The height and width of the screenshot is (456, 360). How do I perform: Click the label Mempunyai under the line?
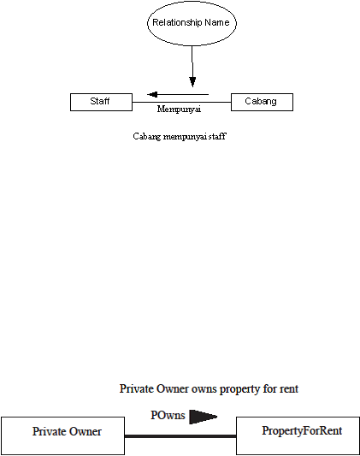coord(179,109)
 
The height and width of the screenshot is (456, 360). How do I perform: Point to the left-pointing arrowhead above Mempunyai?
coord(152,94)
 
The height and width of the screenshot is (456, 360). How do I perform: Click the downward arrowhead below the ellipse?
coord(192,82)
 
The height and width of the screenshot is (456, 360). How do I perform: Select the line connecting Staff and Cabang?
coord(181,102)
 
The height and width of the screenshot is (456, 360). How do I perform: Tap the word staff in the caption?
coord(217,136)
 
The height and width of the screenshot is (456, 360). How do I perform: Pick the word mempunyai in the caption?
coord(185,136)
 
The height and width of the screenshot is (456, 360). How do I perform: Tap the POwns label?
coord(168,415)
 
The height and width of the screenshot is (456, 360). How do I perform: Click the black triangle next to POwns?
coord(204,417)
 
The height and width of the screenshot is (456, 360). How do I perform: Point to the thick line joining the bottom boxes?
coord(180,436)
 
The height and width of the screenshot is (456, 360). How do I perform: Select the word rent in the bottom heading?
coord(289,388)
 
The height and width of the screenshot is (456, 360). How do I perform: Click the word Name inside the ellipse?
coord(216,22)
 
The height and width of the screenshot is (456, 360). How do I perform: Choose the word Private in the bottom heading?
coord(137,388)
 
